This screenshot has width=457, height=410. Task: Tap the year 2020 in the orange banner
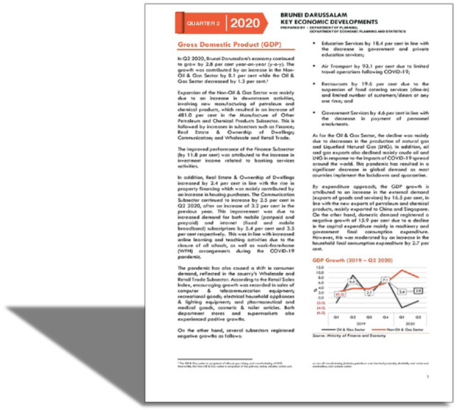pyautogui.click(x=245, y=23)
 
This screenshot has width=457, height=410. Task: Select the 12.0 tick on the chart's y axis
pyautogui.click(x=321, y=268)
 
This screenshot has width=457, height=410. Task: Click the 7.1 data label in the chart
pyautogui.click(x=385, y=280)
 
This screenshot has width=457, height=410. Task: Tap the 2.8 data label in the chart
pyautogui.click(x=419, y=290)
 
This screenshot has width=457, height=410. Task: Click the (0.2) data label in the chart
pyautogui.click(x=340, y=294)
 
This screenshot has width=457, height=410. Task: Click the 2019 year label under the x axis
pyautogui.click(x=361, y=323)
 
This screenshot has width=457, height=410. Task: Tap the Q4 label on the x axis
pyautogui.click(x=386, y=318)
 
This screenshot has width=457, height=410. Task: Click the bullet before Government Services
pyautogui.click(x=314, y=112)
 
